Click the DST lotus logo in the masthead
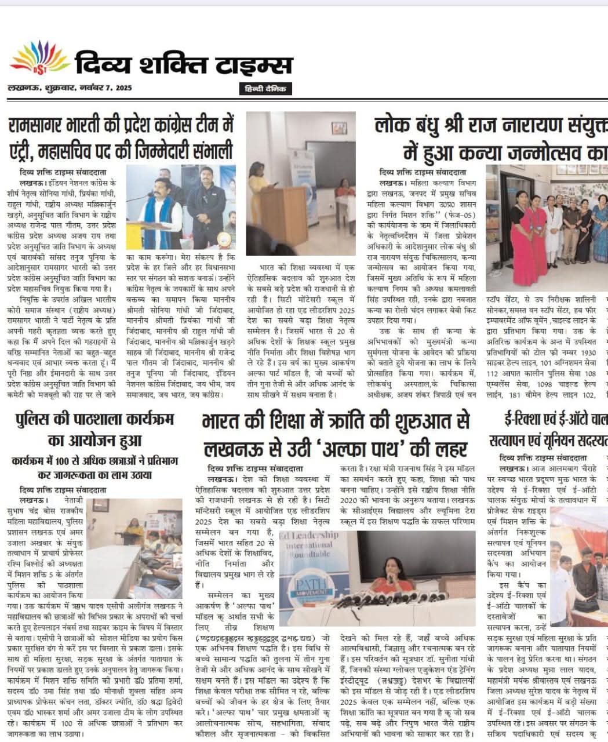[x=38, y=59]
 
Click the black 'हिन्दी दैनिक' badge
[x=265, y=89]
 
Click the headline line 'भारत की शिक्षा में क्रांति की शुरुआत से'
[x=328, y=421]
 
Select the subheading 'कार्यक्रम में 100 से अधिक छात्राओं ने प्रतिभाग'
[x=95, y=461]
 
